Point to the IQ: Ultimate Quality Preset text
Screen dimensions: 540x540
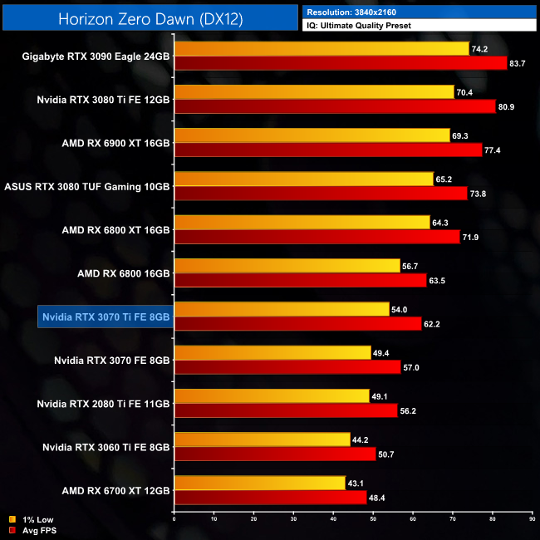360,26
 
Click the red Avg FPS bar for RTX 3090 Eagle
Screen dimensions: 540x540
341,63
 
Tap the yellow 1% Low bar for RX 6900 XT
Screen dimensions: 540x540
312,135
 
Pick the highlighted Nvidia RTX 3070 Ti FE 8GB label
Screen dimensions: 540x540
106,317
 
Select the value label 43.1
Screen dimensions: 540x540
356,482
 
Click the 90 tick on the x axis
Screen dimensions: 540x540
533,520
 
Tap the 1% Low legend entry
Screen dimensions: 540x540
34,519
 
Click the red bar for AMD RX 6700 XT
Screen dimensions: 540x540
271,497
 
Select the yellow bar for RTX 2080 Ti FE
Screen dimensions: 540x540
272,395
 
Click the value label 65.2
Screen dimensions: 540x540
446,179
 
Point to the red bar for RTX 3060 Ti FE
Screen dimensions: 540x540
275,454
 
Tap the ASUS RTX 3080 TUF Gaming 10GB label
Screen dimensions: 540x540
87,187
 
